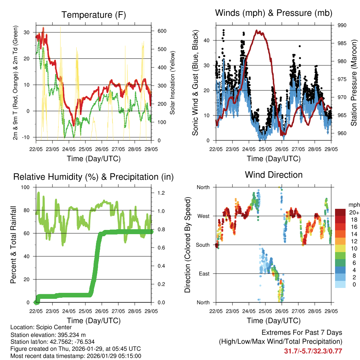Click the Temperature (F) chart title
pos(94,15)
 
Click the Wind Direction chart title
pos(274,175)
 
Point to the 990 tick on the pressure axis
pos(342,25)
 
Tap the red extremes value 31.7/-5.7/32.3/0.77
pos(313,351)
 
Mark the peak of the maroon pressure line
pos(258,31)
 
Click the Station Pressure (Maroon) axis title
pos(354,83)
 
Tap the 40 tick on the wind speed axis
pos(207,40)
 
